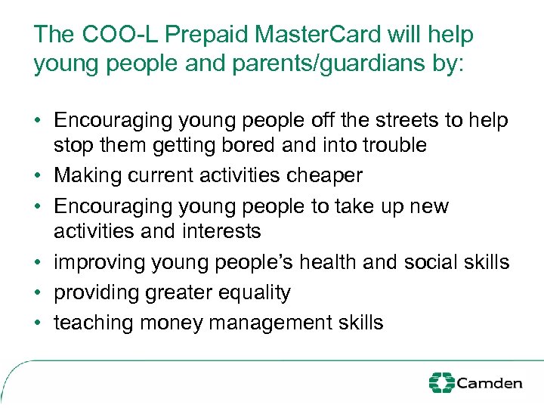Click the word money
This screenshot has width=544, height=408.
[172, 323]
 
